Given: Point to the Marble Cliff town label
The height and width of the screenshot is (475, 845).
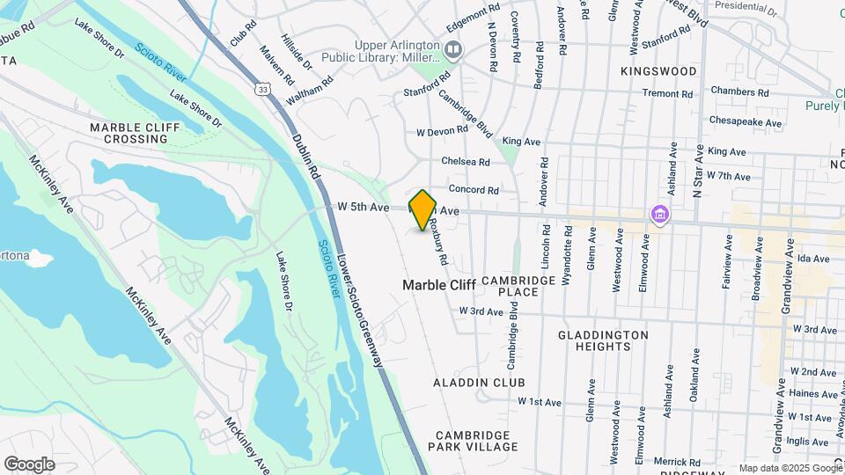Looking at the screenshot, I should [x=439, y=285].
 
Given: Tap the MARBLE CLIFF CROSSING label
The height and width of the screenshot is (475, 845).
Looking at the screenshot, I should [x=136, y=133].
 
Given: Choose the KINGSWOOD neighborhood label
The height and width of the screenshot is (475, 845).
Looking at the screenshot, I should [x=658, y=71].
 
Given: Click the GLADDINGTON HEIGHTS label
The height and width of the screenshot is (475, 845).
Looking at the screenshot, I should [x=604, y=340].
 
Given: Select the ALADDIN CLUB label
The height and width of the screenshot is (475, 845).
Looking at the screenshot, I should [x=479, y=383].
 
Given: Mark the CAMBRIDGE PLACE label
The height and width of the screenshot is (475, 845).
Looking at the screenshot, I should [x=518, y=286].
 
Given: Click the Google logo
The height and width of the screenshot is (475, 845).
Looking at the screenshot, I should [x=29, y=464].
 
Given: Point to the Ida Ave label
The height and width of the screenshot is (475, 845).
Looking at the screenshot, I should [x=814, y=259].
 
